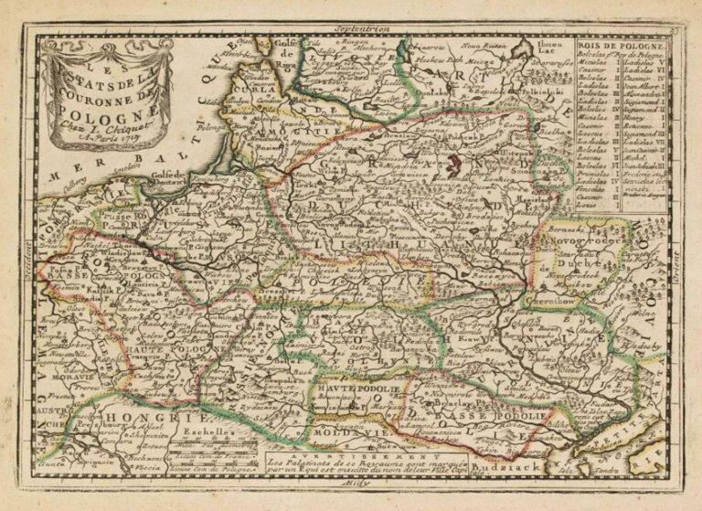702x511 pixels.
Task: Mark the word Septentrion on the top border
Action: pyautogui.click(x=356, y=30)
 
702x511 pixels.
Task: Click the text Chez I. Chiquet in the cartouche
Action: pyautogui.click(x=101, y=128)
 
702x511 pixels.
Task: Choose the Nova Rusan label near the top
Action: pyautogui.click(x=483, y=44)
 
